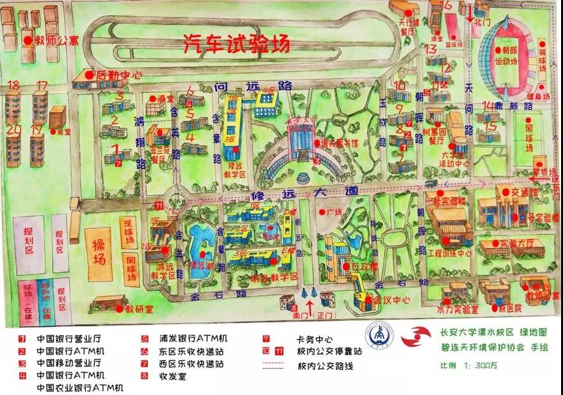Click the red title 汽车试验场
tap(237, 44)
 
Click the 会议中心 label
tap(386, 299)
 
